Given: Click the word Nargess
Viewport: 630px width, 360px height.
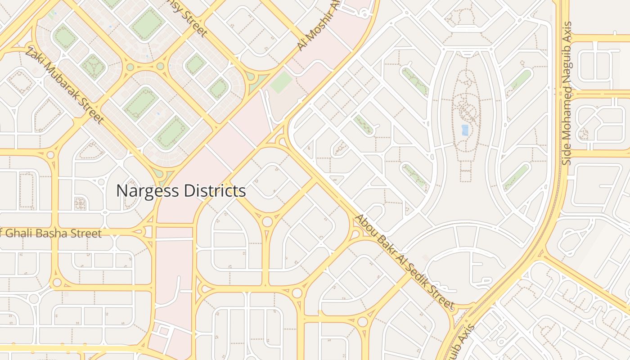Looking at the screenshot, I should (145, 191).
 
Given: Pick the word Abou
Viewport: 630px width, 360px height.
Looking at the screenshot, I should (365, 224).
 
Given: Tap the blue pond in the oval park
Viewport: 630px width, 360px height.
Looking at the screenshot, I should (465, 130).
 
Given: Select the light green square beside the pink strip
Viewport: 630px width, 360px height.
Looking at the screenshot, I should (281, 83).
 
